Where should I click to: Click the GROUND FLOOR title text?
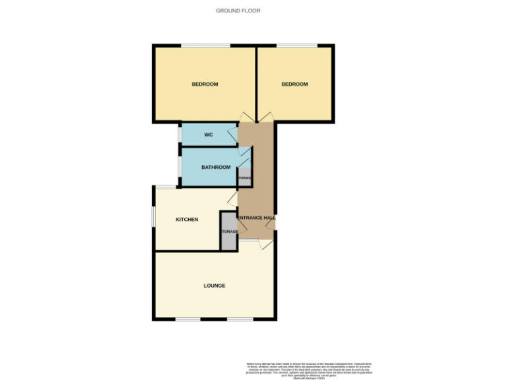point(238,11)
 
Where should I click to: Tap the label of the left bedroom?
point(205,84)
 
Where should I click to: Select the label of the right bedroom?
point(294,84)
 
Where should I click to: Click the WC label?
point(208,135)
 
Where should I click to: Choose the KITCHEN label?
point(187,220)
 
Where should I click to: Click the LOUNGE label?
point(214,286)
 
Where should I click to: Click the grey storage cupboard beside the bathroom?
point(244,177)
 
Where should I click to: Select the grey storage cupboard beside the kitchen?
point(228,232)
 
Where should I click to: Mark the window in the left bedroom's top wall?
point(205,46)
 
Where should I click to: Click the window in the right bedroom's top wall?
point(296,46)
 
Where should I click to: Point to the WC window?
point(180,134)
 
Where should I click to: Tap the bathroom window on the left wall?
point(180,167)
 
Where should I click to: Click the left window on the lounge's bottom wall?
point(187,320)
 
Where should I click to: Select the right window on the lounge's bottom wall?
point(240,320)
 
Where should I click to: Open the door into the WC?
point(233,137)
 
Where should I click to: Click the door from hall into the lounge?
point(265,245)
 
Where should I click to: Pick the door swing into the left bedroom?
point(246,117)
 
